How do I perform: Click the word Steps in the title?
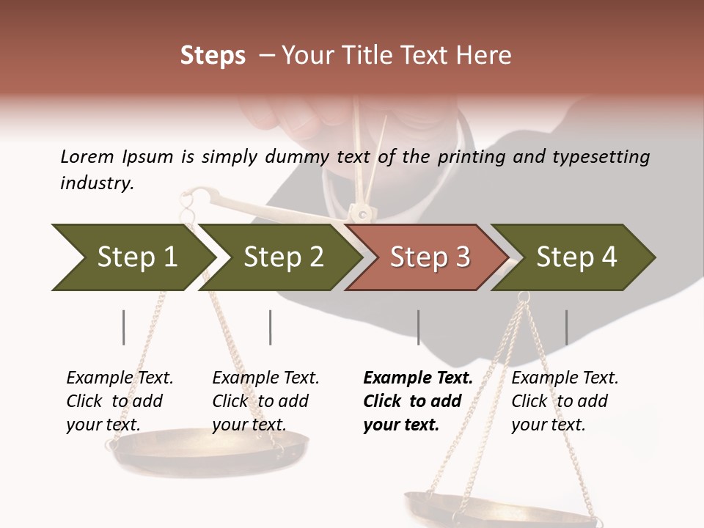coord(213,56)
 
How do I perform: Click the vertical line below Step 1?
coord(124,327)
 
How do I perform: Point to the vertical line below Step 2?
coord(271,327)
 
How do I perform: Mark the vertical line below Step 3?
coord(418,327)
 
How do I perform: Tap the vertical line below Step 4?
coord(566,327)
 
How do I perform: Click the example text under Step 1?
coord(120,401)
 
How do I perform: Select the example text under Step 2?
coord(265,401)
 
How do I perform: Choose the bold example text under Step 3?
coord(418,401)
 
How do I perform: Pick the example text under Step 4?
coord(565,401)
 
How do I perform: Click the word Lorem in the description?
coord(87,156)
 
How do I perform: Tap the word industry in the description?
coord(97,183)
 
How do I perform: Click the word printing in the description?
coord(474,157)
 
